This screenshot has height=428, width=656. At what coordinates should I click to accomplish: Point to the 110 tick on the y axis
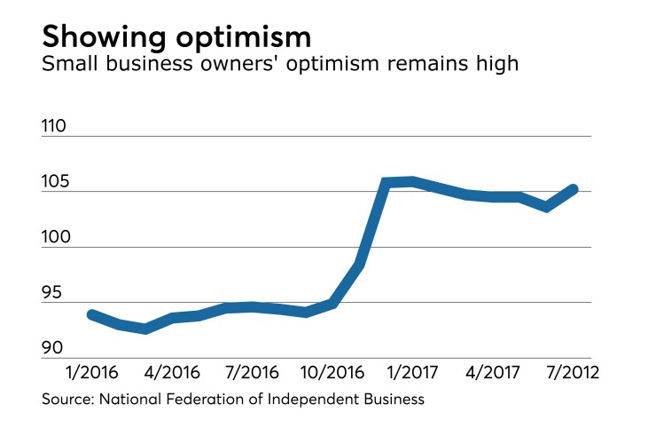coord(55,127)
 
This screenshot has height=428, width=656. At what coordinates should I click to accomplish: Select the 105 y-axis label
coord(55,182)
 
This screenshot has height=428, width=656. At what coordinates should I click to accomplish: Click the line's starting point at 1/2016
coord(90,314)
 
